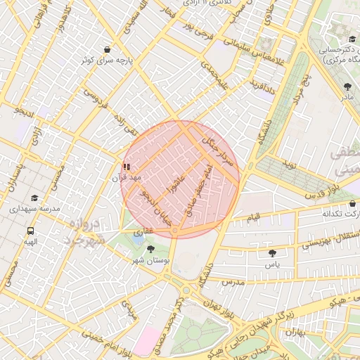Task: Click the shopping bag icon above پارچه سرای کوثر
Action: pyautogui.click(x=106, y=49)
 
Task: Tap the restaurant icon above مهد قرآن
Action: pyautogui.click(x=127, y=167)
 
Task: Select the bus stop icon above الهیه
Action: pyautogui.click(x=30, y=230)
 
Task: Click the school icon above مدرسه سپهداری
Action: pyautogui.click(x=35, y=198)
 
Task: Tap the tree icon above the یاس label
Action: pyautogui.click(x=271, y=252)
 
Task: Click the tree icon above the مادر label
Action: pyautogui.click(x=347, y=86)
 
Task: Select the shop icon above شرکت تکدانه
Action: pyautogui.click(x=352, y=203)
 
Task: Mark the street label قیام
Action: pyautogui.click(x=252, y=217)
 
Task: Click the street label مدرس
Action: pyautogui.click(x=233, y=281)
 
